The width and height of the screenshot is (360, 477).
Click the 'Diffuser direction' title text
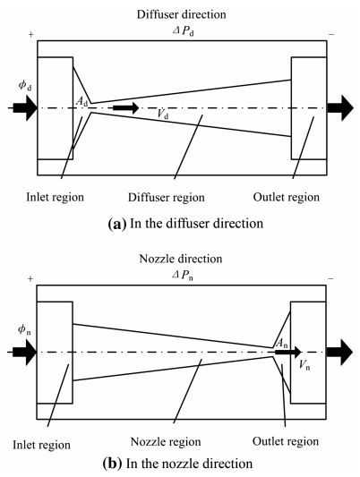182,14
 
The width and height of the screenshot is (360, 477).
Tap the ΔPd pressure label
184,31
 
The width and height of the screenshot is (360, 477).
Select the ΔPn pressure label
183,276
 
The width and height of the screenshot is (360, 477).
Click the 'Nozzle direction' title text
181,259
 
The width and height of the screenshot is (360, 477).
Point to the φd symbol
25,86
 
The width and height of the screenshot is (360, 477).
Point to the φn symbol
24,329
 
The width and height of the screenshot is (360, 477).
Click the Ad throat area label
81,102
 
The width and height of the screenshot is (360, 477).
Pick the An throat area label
281,344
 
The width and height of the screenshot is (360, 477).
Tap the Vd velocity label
163,114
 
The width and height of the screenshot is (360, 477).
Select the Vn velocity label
304,365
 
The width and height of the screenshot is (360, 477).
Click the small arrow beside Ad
125,107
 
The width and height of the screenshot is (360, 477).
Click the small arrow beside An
287,352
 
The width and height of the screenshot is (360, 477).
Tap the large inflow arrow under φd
25,108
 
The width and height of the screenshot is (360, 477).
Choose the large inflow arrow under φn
24,353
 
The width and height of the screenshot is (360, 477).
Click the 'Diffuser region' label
167,198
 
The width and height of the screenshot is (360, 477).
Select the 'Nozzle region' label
166,442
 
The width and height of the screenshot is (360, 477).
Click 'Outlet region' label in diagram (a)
287,198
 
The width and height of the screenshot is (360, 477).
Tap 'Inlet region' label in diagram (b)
42,445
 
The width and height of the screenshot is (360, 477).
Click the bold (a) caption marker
116,225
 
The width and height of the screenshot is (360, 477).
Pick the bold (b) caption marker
112,464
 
